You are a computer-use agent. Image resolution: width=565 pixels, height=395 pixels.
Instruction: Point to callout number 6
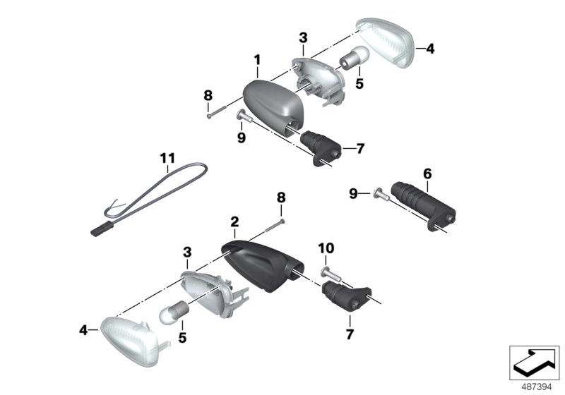point(427,173)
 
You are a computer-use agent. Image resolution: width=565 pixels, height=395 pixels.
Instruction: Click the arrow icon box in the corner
point(534,363)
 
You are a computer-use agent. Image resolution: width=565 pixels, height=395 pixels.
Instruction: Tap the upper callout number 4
point(430,49)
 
